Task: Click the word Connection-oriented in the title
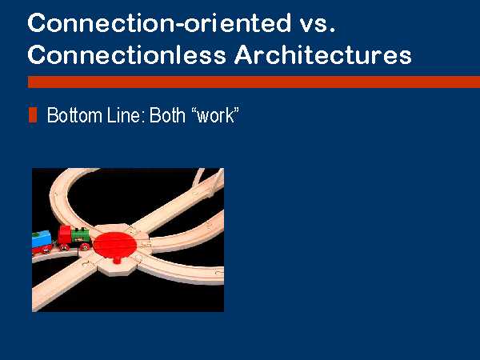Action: click(x=159, y=22)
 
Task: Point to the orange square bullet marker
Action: click(x=33, y=115)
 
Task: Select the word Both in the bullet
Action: click(x=167, y=115)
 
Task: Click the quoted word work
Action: click(x=215, y=116)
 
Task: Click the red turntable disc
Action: click(x=114, y=244)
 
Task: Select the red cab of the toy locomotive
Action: click(x=65, y=234)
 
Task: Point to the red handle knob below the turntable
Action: click(x=117, y=260)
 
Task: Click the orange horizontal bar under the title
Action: click(x=254, y=82)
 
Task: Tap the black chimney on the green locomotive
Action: click(x=82, y=229)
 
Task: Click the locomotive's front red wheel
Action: click(x=86, y=246)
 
